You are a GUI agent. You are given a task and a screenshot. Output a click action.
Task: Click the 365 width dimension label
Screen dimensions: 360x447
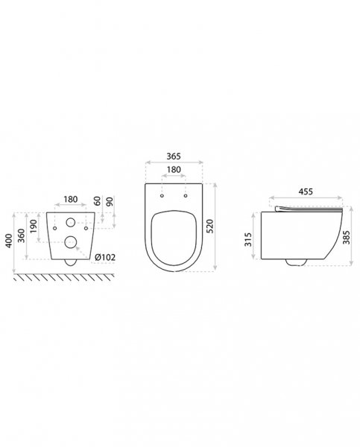click(174, 156)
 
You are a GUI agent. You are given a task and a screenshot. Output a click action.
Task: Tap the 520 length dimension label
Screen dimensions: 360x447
click(210, 226)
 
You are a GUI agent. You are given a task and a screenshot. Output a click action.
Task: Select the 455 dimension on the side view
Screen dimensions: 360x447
click(306, 191)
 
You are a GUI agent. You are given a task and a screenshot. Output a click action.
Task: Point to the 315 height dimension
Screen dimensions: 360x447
click(248, 239)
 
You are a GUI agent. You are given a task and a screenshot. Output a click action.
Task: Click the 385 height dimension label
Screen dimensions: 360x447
click(346, 238)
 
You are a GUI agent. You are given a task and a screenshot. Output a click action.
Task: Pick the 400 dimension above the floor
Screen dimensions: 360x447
click(9, 241)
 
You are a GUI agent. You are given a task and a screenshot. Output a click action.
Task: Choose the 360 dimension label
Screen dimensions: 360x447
click(22, 235)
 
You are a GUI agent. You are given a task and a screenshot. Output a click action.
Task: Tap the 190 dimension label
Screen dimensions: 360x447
click(34, 226)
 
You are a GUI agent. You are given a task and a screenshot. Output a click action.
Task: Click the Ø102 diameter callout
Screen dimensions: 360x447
click(105, 258)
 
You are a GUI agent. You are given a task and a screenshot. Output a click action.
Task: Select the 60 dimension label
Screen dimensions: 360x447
click(98, 201)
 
